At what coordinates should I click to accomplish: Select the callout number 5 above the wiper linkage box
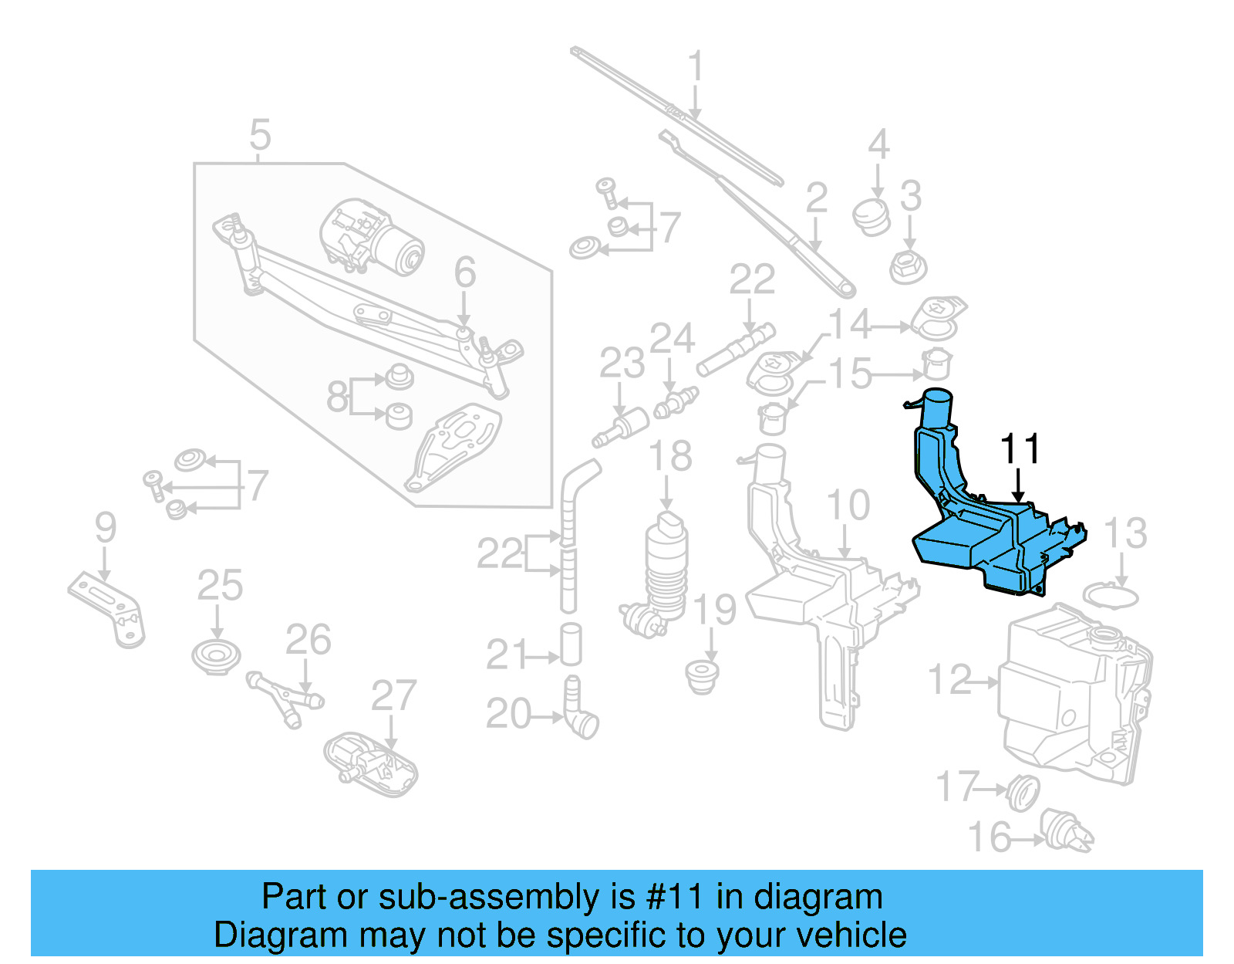[x=260, y=134]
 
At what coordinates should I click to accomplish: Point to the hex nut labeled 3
[x=908, y=267]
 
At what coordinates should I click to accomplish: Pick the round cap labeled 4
[x=871, y=217]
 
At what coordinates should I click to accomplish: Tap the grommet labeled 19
[x=703, y=676]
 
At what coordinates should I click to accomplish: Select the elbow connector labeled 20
[x=580, y=707]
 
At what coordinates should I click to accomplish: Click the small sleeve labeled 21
[x=571, y=644]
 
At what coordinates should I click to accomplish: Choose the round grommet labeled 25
[x=217, y=658]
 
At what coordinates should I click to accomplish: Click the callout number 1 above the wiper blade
[x=696, y=66]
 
